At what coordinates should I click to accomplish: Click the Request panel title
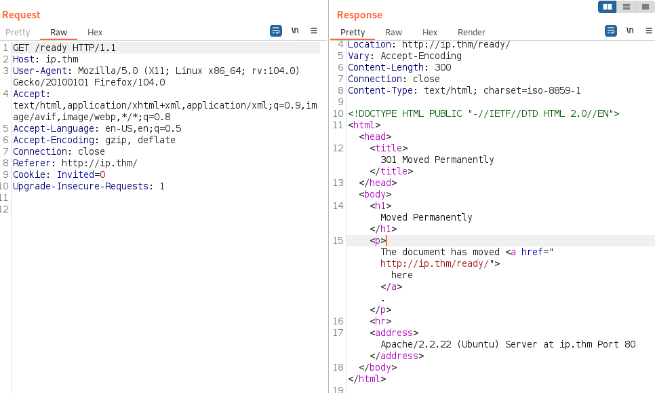point(21,15)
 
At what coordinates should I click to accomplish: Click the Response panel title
point(359,15)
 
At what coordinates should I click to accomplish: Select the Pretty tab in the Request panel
point(18,33)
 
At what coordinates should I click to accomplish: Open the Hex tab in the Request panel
point(95,33)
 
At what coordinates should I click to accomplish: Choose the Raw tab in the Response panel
point(393,33)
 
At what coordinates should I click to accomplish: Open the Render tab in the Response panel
point(471,33)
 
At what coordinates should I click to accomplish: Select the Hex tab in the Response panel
point(430,33)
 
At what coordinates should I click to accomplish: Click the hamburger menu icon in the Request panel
point(314,31)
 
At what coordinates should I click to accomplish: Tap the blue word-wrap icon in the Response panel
point(611,31)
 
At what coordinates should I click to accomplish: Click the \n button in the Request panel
point(295,31)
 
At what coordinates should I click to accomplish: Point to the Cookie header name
point(29,174)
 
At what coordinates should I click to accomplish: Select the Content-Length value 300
point(443,67)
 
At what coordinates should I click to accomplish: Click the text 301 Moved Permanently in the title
point(437,160)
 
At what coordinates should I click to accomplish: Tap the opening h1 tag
point(380,206)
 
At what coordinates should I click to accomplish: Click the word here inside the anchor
point(402,275)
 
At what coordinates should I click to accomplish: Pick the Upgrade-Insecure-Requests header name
point(81,186)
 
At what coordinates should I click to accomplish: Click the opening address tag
point(394,333)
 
